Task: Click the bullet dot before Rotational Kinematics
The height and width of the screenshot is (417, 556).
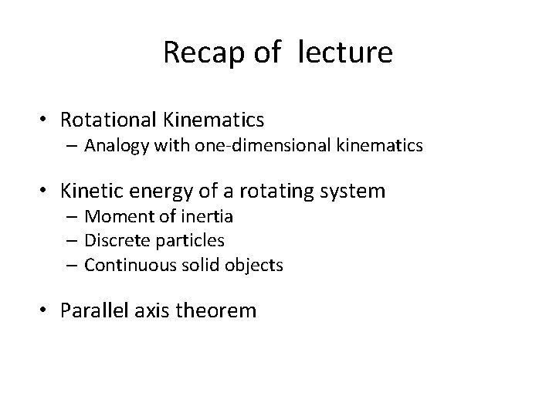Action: [46, 120]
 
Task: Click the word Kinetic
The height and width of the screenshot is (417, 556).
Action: [93, 191]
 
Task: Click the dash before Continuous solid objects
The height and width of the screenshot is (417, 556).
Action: [73, 266]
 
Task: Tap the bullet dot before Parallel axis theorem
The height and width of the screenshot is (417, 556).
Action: [46, 311]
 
